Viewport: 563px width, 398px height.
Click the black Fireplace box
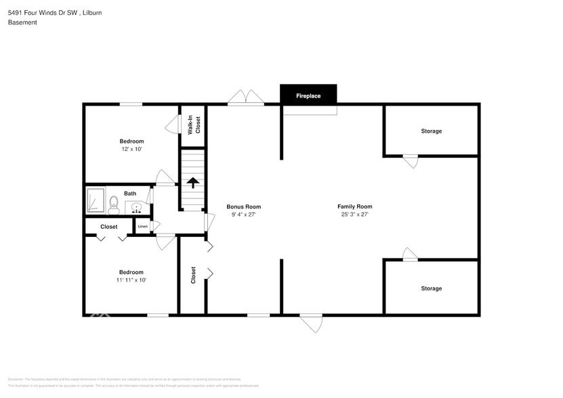pos(308,95)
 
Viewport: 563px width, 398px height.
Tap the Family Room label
pos(354,206)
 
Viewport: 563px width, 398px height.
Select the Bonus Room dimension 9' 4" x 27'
pos(243,215)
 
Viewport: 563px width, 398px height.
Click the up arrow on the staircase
pos(193,182)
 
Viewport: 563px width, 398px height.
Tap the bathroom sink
pos(136,206)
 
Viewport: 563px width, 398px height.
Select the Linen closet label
pos(143,226)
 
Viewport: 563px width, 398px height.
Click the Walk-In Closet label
pos(194,125)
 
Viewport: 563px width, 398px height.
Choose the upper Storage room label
pos(431,131)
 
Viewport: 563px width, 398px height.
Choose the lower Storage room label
pos(431,288)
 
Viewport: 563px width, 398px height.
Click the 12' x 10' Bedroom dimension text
pos(131,149)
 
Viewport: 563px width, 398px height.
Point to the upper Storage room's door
pos(411,161)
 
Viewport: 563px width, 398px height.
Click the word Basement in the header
pos(22,22)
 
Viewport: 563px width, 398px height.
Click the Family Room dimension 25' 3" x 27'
pos(354,215)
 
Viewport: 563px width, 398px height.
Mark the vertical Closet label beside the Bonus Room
pos(194,274)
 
